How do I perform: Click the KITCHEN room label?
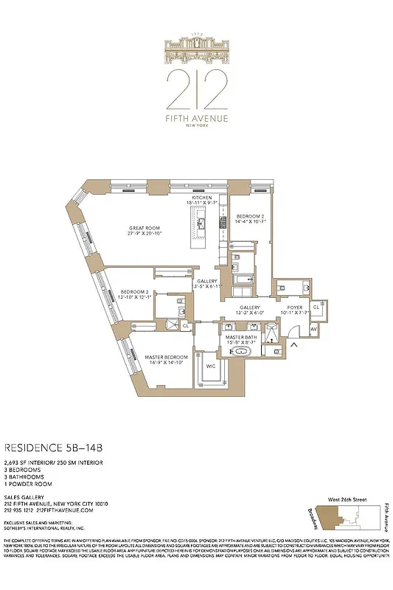pyautogui.click(x=202, y=198)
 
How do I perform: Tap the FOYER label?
pyautogui.click(x=295, y=308)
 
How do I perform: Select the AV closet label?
pyautogui.click(x=313, y=328)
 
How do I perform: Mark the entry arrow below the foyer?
pyautogui.click(x=296, y=344)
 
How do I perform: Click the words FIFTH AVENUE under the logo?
pyautogui.click(x=196, y=118)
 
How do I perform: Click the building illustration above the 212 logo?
pyautogui.click(x=196, y=52)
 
